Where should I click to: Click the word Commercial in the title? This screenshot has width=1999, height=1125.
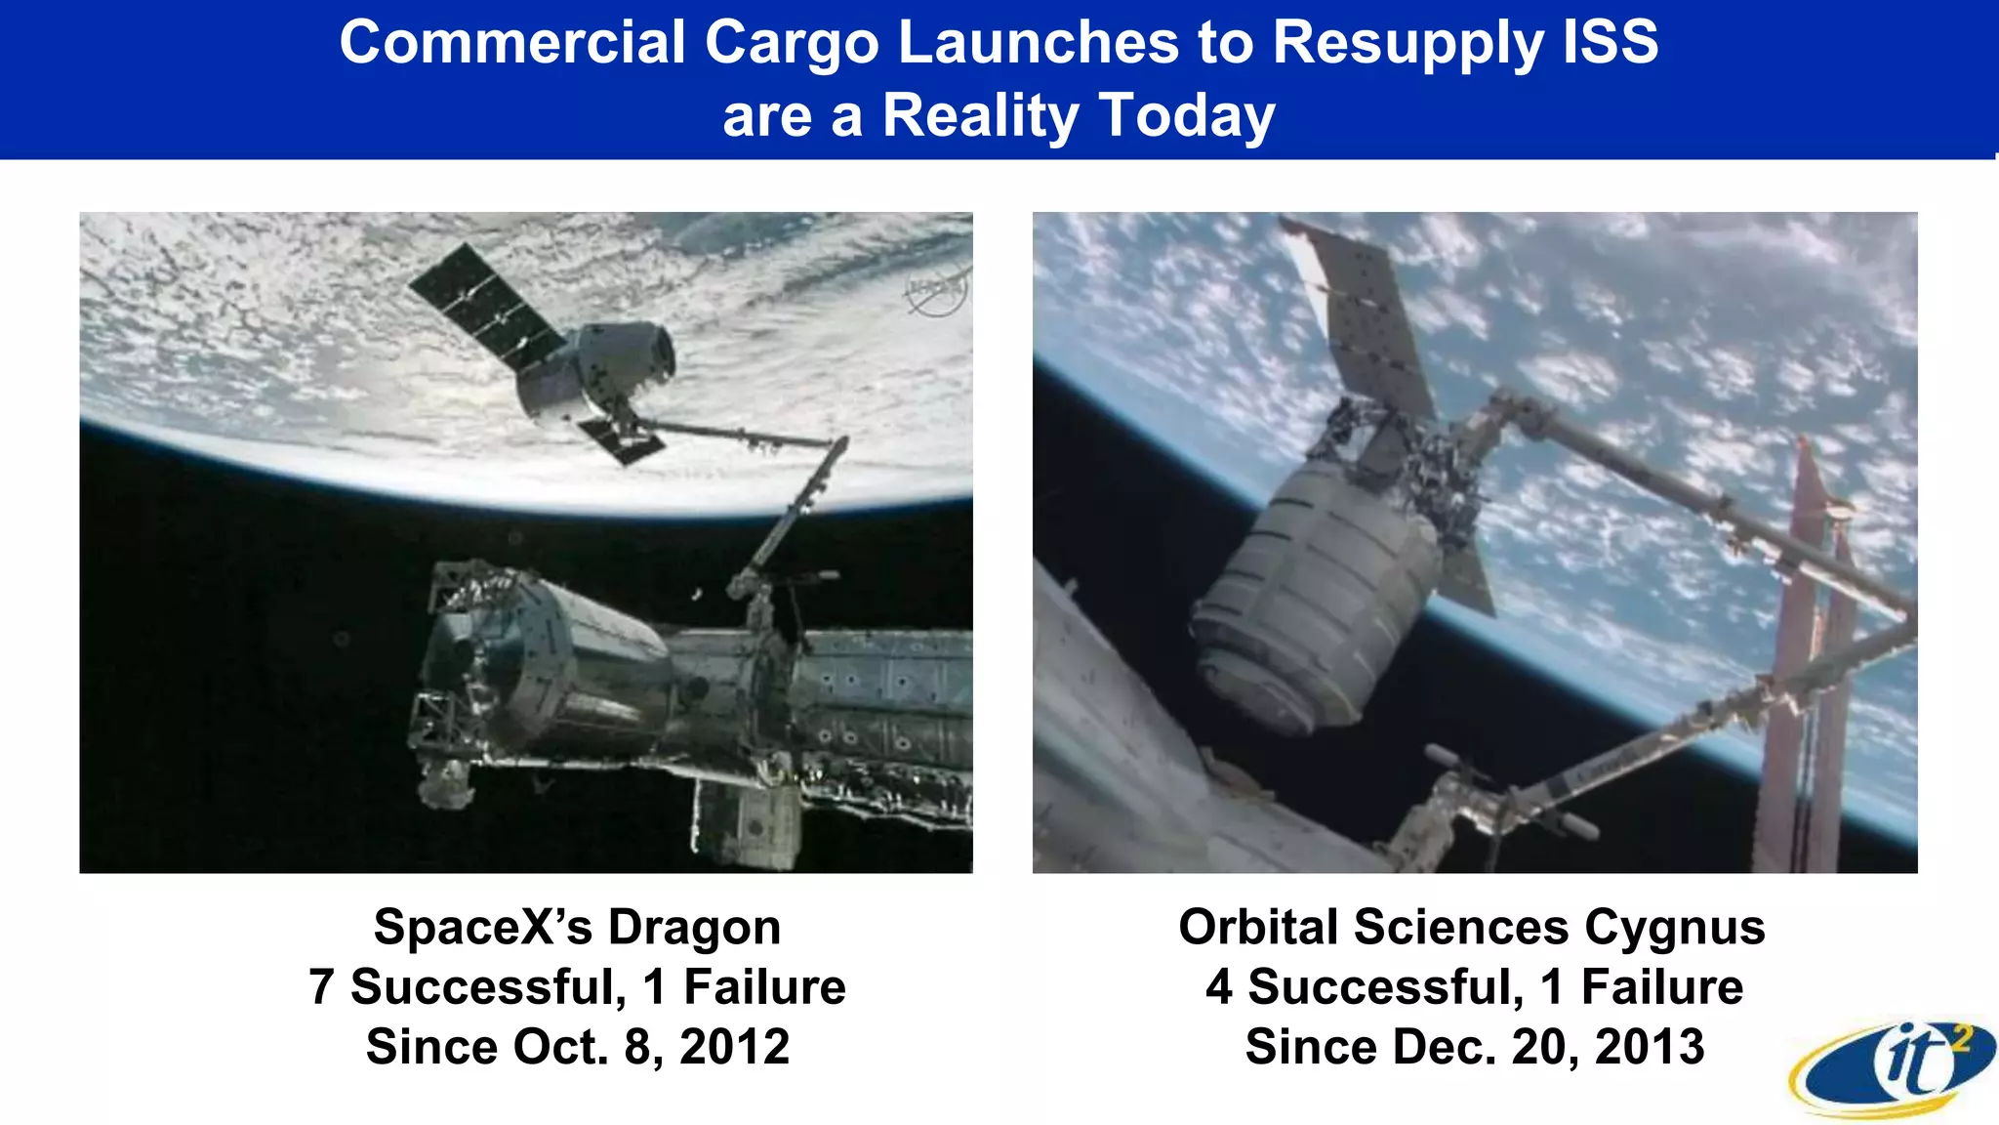(512, 43)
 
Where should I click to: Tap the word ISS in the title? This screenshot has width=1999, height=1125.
(1611, 43)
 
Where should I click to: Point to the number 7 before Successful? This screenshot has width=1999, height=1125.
(321, 986)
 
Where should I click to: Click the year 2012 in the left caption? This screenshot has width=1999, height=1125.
(734, 1047)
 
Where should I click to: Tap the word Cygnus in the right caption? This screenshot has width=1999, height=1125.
(1674, 927)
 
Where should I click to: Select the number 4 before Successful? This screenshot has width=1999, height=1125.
(1219, 986)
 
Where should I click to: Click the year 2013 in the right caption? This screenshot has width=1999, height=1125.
(1650, 1047)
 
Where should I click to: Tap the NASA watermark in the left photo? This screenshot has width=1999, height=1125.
(935, 291)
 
